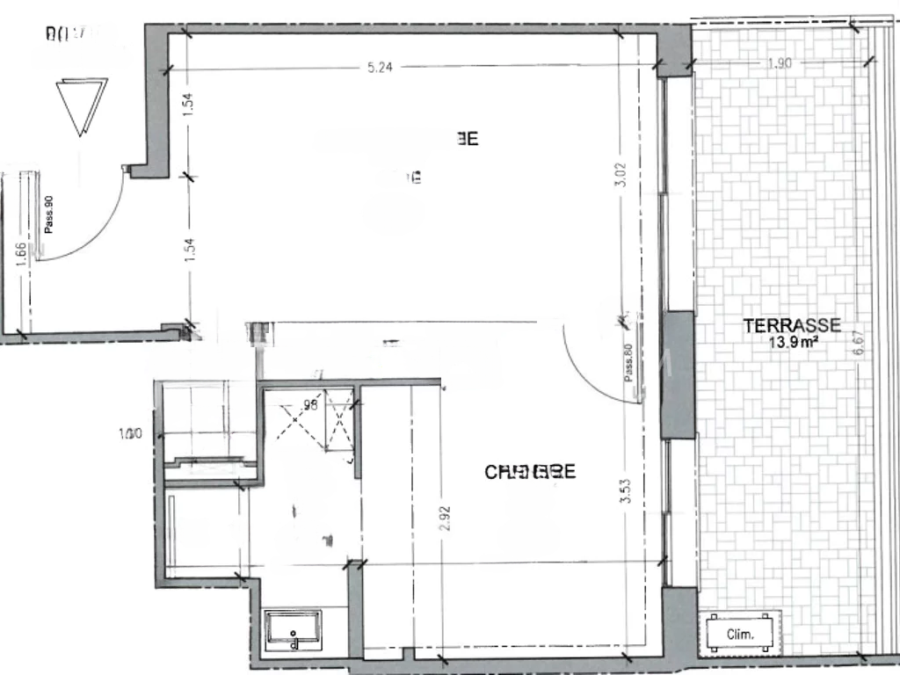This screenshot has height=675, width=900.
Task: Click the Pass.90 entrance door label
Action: point(49,214)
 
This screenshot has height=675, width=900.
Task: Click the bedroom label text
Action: point(530,472)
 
